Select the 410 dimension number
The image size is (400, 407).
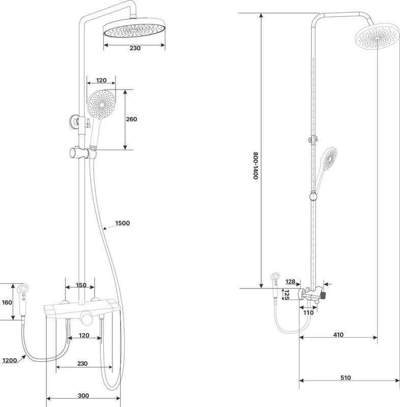[x=339, y=335]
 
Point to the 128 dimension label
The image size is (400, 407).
[x=291, y=281]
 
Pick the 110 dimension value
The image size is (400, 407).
[x=308, y=313]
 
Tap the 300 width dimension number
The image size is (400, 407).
[x=84, y=395]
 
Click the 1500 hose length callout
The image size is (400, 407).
[x=123, y=223]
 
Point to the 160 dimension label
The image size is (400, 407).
[x=6, y=302]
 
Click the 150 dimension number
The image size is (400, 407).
[x=80, y=285]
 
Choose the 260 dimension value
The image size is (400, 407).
[x=132, y=119]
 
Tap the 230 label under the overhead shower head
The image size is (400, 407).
[x=134, y=48]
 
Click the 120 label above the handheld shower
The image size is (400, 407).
[x=101, y=80]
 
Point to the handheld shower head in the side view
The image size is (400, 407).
[x=327, y=161]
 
